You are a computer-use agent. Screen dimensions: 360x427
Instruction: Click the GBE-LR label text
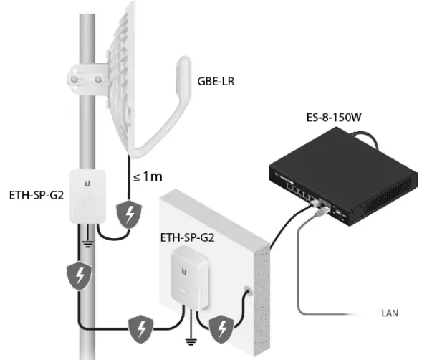(216, 82)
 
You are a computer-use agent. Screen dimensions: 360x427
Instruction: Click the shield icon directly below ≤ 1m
(131, 213)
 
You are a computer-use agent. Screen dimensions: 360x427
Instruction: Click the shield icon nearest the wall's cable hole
(224, 328)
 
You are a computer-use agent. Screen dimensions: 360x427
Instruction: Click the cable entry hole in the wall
(248, 293)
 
